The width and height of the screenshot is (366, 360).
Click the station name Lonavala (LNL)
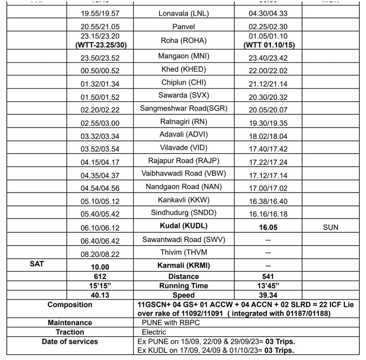pos(183,14)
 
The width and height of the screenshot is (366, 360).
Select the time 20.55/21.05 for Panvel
pos(100,27)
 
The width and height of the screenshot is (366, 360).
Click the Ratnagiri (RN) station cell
pos(183,122)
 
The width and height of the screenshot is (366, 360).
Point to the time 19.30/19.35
pos(268,123)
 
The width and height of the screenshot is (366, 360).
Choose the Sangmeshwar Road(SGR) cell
pos(183,109)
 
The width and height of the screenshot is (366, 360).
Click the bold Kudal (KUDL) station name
pos(183,226)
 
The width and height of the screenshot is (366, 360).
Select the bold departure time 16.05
pos(268,227)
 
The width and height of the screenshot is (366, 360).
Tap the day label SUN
pos(330,227)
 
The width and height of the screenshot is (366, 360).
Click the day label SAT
pos(37,263)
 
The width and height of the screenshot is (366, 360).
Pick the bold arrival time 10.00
pos(100,267)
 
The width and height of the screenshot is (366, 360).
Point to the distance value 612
pos(100,277)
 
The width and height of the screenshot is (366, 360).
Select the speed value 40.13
pos(100,295)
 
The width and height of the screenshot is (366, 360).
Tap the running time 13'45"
pos(268,286)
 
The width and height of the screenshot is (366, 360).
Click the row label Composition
pos(70,304)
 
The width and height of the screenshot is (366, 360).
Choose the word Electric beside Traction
pos(154,332)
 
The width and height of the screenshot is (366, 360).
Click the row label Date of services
pos(70,342)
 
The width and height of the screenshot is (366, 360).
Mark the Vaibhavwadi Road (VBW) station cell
pos(183,173)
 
